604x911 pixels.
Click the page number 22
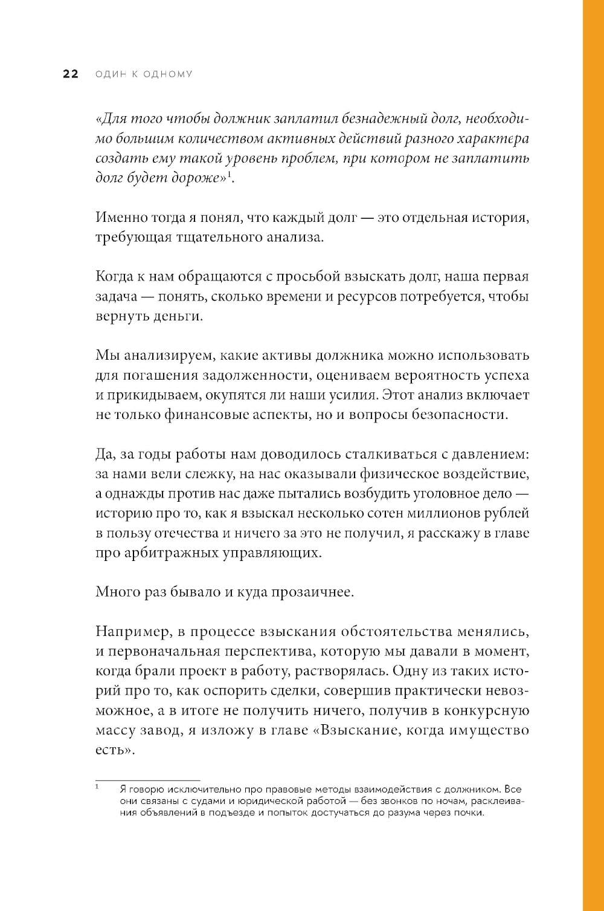tap(71, 74)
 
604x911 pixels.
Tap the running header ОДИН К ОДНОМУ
tap(144, 74)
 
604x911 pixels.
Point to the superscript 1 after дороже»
tap(230, 175)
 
